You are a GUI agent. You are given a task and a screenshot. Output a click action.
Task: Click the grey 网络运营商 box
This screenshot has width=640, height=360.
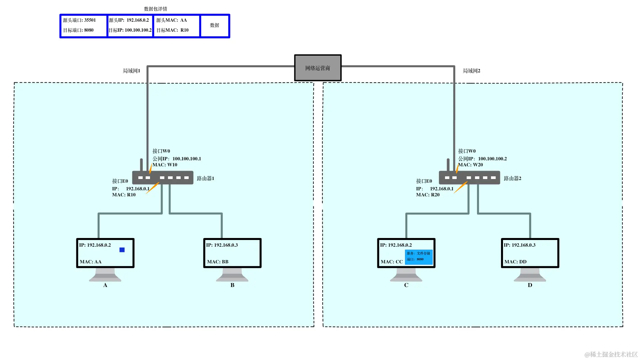coord(318,68)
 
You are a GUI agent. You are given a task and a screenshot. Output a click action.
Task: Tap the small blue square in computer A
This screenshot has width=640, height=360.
coord(122,250)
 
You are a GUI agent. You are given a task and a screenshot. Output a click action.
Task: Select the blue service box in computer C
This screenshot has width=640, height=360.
coord(419,257)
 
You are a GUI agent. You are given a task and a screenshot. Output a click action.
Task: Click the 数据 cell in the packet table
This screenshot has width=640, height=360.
coord(215,25)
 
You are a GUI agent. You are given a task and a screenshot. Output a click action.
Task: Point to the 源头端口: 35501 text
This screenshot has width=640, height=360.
coord(79,20)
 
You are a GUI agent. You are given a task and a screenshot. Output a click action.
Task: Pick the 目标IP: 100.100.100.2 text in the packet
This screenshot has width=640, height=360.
coord(130,30)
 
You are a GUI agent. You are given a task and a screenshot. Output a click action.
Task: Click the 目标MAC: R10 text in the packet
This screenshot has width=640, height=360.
coord(172,30)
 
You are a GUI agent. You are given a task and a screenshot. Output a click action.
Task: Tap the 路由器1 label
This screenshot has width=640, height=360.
coord(205,179)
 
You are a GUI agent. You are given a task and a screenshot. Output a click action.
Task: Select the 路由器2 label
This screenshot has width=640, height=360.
coord(512,179)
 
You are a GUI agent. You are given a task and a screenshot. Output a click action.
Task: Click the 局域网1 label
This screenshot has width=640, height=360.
coord(131,71)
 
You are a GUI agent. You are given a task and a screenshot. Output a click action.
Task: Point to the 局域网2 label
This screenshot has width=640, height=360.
coord(471,71)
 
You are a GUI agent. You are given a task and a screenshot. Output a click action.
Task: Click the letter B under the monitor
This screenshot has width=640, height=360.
coord(232,285)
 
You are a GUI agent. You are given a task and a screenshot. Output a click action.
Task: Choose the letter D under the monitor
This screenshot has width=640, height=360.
coord(530,285)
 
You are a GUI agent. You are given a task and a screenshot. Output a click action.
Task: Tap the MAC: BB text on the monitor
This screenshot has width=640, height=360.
coord(218,262)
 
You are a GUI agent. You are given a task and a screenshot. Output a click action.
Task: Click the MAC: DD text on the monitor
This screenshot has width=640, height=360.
coord(515,262)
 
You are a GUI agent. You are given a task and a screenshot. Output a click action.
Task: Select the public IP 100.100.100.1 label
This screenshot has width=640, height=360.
coord(177,159)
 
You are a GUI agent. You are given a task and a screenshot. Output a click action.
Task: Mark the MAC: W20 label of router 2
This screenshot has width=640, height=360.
coord(470,165)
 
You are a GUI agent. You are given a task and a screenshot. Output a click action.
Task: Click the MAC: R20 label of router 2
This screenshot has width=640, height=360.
coord(428,195)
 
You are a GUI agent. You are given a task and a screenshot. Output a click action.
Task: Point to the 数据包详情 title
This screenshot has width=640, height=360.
coord(155,9)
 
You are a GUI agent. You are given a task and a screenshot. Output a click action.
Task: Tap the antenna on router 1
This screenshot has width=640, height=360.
coord(141,165)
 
